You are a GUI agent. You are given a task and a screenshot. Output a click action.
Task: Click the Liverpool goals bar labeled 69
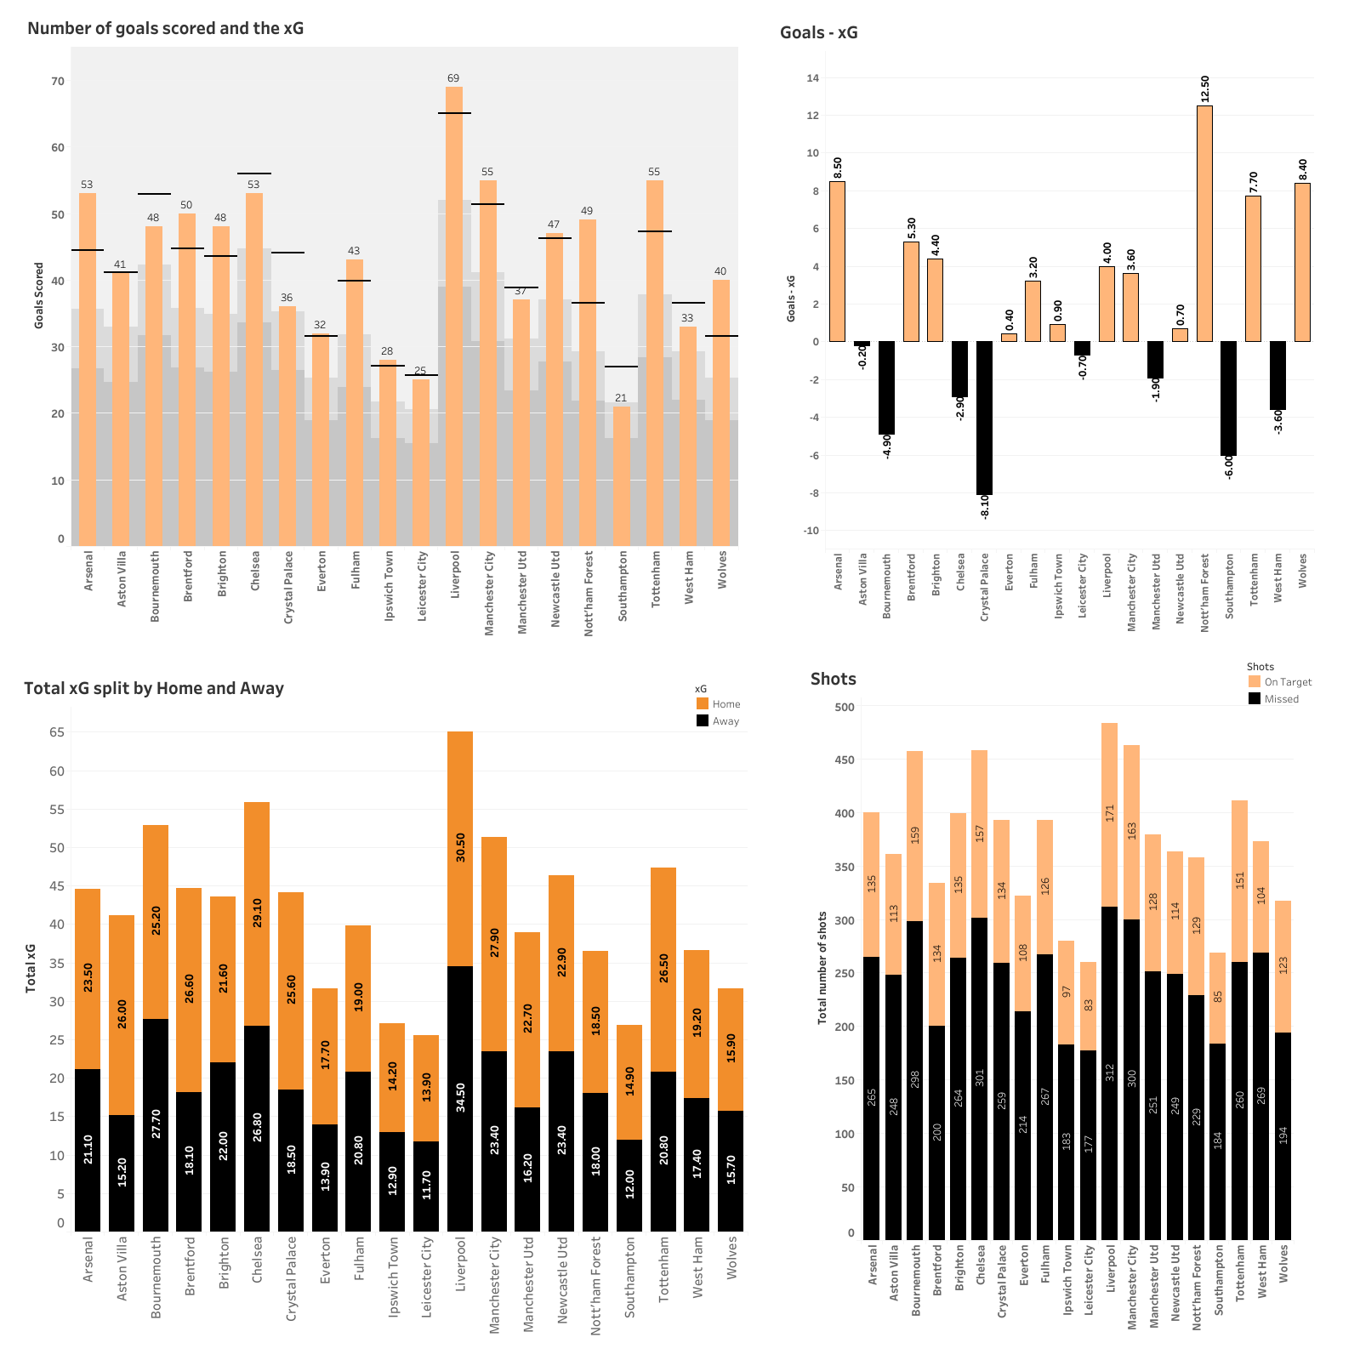click(x=454, y=315)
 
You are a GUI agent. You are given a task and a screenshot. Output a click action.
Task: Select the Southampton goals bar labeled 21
click(x=622, y=476)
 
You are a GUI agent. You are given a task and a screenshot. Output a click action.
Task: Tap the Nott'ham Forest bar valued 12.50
click(x=1204, y=224)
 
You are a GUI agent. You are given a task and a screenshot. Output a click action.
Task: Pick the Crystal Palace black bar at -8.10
click(x=984, y=418)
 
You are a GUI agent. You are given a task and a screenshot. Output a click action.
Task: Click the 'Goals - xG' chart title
click(x=818, y=33)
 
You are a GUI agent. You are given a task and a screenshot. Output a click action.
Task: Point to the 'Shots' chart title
click(x=833, y=679)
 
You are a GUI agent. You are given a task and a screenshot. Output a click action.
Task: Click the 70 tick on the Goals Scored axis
click(x=58, y=82)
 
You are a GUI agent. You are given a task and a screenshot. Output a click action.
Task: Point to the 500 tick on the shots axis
click(x=845, y=707)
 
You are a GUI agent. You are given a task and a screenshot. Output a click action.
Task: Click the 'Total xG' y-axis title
click(x=31, y=968)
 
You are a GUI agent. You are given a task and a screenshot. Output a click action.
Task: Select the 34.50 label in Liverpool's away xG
click(x=460, y=1097)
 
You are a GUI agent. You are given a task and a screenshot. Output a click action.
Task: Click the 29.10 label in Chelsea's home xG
click(x=257, y=913)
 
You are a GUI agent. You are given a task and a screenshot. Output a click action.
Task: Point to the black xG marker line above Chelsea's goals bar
click(x=254, y=174)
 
